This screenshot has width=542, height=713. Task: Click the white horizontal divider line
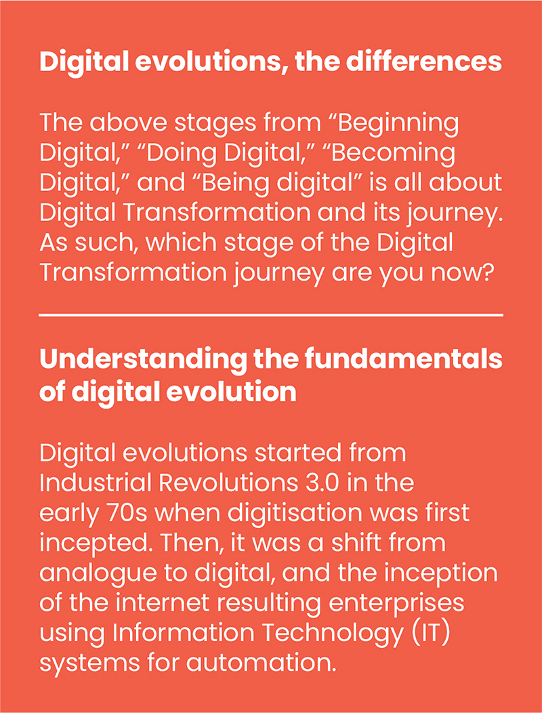[271, 314]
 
